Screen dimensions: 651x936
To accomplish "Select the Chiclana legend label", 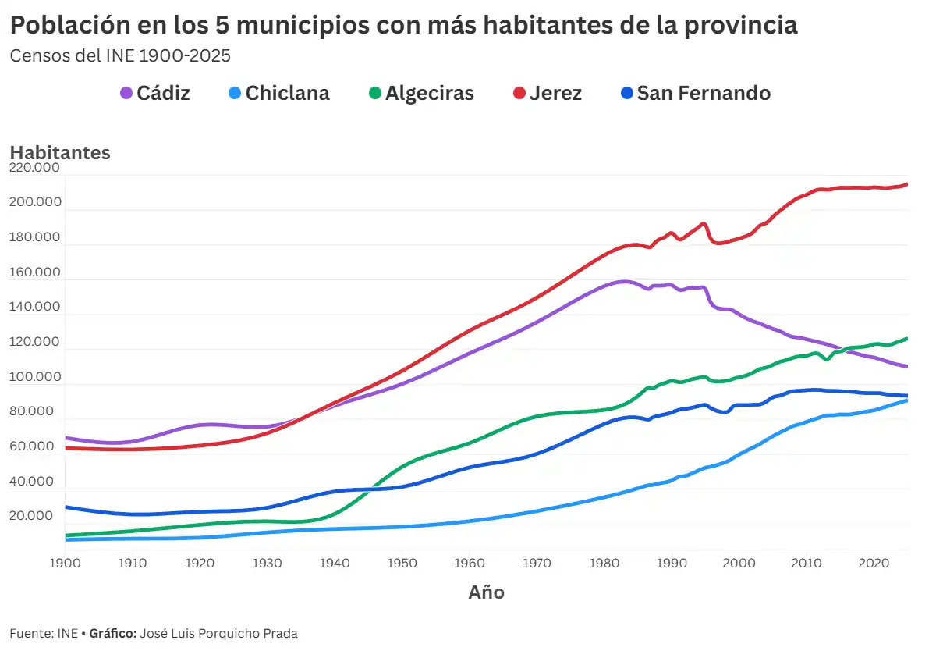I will (286, 94).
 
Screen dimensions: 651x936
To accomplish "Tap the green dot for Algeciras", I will (375, 94).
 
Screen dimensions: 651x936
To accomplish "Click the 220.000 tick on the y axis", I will (36, 167).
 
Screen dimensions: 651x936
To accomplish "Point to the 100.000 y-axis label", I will (36, 377).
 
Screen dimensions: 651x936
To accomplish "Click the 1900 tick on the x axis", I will (65, 563).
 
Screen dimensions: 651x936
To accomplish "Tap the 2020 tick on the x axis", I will (874, 563).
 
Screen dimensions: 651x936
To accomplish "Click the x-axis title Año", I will (486, 592).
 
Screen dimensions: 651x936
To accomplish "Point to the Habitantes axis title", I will (60, 153).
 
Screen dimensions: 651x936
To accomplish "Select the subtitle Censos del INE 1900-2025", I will (119, 56).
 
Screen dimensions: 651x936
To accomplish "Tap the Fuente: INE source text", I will (43, 633).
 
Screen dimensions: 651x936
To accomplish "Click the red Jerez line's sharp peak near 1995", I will (704, 224).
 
